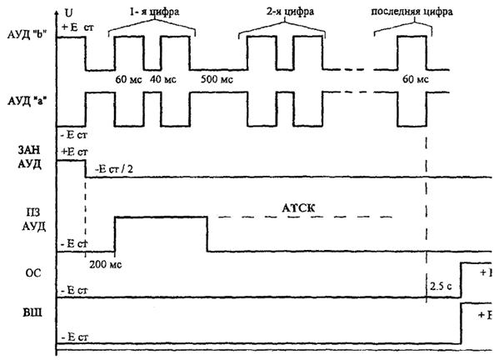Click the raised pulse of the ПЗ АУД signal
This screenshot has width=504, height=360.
tap(160, 217)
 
